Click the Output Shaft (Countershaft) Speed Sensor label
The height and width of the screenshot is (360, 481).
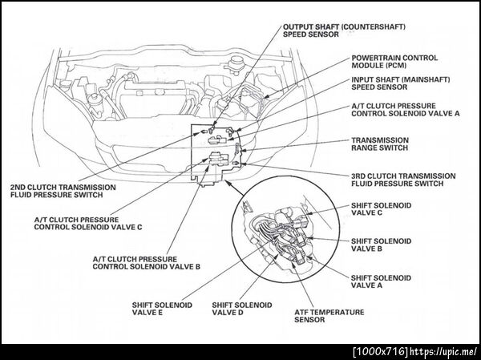344,30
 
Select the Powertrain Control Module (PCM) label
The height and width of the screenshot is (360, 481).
394,62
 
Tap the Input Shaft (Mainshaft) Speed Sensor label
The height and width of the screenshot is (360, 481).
401,83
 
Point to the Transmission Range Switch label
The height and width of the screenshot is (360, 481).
380,144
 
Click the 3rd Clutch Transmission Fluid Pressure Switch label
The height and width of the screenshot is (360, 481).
403,180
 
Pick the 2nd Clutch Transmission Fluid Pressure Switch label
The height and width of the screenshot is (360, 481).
63,191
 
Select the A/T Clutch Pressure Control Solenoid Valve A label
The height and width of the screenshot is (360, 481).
406,110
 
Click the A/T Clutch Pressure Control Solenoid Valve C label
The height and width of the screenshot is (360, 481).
88,224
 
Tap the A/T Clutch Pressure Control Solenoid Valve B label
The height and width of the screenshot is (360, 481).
147,263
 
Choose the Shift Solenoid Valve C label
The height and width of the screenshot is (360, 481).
381,209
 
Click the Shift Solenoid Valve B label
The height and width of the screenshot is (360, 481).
381,245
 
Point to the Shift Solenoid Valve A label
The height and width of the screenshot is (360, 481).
381,281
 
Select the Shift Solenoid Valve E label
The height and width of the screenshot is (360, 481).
162,309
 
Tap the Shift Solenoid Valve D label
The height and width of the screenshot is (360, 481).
242,309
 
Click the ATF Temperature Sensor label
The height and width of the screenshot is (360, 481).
329,316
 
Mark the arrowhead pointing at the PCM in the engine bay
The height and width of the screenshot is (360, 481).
266,96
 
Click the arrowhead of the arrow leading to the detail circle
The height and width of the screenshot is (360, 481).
228,182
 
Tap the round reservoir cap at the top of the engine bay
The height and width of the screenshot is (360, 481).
236,59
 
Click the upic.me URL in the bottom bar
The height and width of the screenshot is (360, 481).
444,351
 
